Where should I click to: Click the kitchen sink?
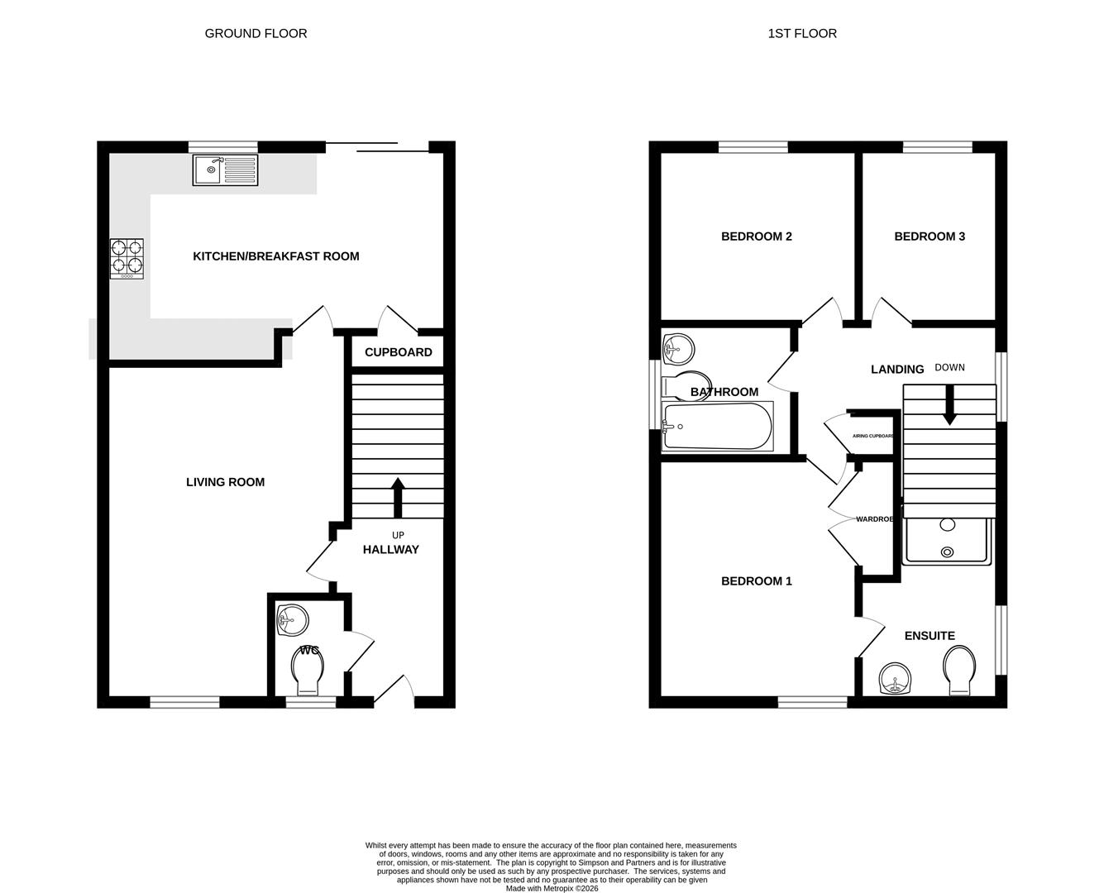[x=225, y=170]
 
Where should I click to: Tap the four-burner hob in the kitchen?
[x=127, y=259]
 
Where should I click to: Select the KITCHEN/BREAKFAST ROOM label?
[x=275, y=256]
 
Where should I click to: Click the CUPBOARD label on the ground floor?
[x=398, y=352]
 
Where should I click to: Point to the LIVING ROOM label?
[x=226, y=482]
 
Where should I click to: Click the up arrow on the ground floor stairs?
[x=398, y=498]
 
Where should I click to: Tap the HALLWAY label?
[x=391, y=549]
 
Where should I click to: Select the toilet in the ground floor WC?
[x=308, y=670]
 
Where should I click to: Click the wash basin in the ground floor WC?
[x=292, y=620]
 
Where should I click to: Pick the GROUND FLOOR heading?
[x=256, y=34]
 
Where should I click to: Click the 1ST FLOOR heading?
[x=802, y=34]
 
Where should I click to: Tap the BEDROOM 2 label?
[x=756, y=236]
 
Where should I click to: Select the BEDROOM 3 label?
[x=930, y=236]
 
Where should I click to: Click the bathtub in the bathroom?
[x=718, y=426]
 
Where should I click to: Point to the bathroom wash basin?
[x=678, y=349]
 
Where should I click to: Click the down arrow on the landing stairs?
[x=949, y=405]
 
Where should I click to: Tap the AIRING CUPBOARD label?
[x=872, y=436]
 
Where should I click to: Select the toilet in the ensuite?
[x=959, y=670]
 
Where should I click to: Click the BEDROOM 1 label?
[x=756, y=581]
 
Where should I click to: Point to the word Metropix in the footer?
[x=560, y=888]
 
